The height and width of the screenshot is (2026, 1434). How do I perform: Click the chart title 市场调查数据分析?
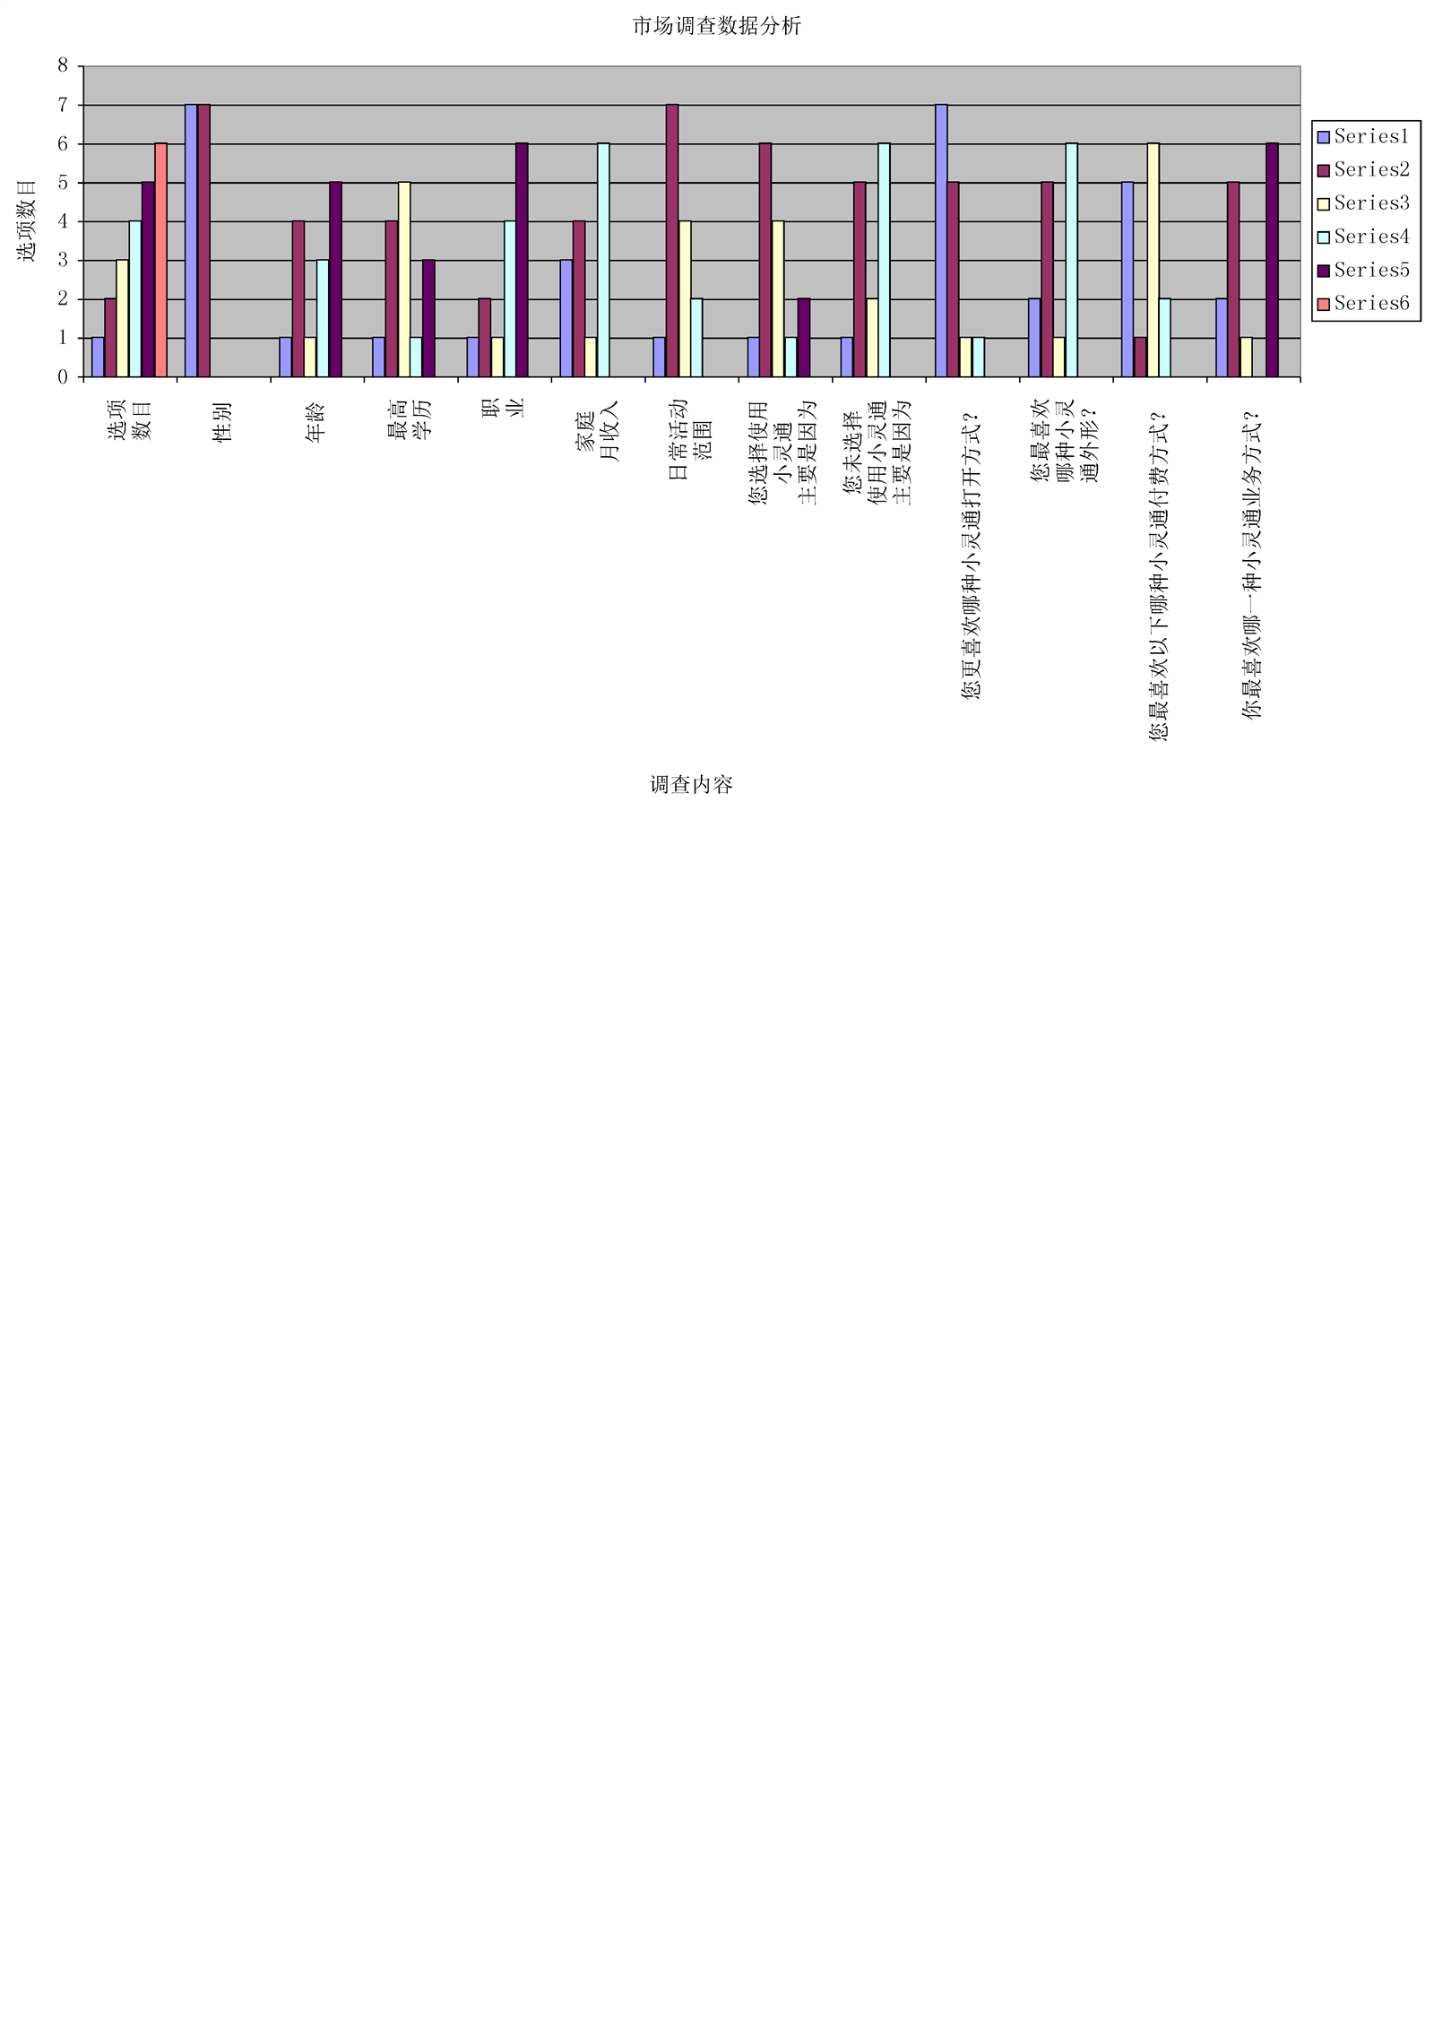[716, 26]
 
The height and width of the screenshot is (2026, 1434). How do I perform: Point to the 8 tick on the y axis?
[63, 65]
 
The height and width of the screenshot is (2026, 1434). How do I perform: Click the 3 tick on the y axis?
[63, 260]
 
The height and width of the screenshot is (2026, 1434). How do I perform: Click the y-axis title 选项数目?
[27, 220]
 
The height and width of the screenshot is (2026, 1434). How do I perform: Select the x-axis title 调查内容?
[691, 785]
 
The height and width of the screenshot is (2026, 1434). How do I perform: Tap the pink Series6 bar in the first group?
[160, 260]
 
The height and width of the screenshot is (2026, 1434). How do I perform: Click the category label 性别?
[222, 422]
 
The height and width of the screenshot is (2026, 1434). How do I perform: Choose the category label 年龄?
[315, 422]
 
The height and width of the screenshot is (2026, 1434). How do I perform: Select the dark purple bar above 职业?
[522, 260]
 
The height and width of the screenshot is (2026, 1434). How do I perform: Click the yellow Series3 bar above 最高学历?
[404, 280]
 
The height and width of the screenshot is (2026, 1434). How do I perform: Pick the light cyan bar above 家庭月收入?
[603, 260]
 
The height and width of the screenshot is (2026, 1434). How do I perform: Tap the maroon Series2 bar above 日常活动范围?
[672, 240]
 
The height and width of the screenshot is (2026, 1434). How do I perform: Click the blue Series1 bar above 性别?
[191, 240]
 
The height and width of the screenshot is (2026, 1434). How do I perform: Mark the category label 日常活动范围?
[690, 439]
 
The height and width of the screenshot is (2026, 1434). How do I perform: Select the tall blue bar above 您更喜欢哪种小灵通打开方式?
[941, 240]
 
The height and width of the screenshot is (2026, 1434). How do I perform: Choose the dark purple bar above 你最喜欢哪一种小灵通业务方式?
[1272, 260]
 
